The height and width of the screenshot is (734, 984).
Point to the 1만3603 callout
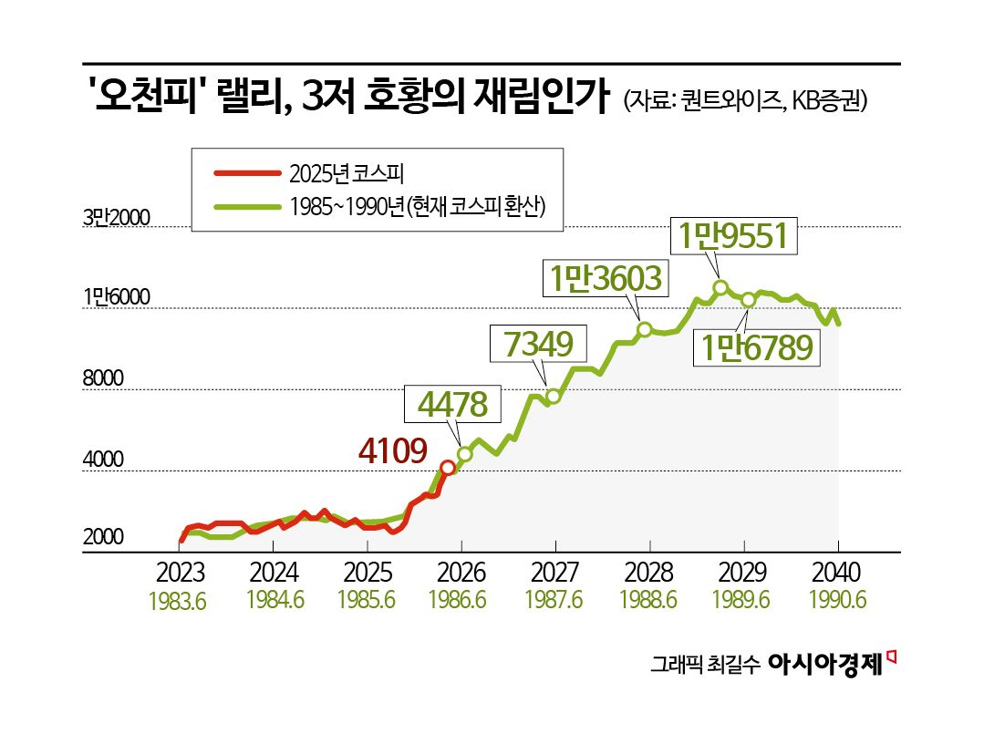(x=604, y=279)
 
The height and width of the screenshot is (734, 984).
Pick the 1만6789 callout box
(x=756, y=347)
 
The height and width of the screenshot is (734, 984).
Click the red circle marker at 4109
(x=447, y=468)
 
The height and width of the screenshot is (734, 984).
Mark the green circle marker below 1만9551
(x=720, y=288)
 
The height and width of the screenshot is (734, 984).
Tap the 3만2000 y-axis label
(x=116, y=218)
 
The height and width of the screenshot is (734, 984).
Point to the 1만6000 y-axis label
(x=116, y=297)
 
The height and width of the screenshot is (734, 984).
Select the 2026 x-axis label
(x=461, y=574)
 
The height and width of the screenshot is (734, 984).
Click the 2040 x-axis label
(x=834, y=574)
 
